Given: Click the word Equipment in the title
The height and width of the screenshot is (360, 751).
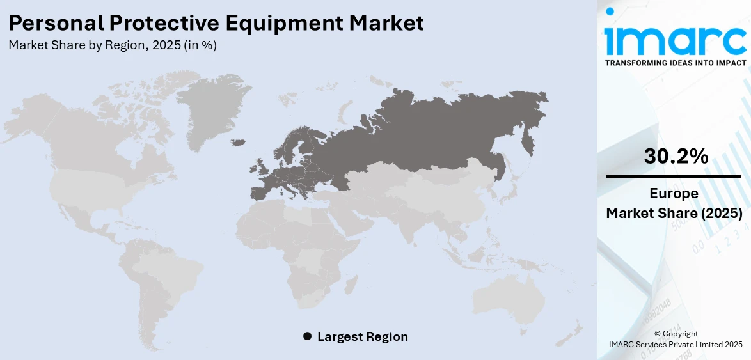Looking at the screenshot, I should [x=294, y=24].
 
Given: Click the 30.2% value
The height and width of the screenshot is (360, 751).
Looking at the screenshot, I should [x=676, y=156].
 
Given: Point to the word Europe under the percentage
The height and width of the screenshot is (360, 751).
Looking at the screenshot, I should [x=674, y=194].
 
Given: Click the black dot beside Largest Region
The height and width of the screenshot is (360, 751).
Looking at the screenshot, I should [x=307, y=336].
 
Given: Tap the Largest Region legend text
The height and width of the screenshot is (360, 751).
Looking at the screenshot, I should [x=362, y=336].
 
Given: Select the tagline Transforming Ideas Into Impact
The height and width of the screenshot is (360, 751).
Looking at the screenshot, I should [x=675, y=63].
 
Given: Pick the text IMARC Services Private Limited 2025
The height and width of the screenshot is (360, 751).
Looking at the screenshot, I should [x=675, y=345].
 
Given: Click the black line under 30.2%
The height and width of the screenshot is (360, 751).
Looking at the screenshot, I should [x=674, y=176].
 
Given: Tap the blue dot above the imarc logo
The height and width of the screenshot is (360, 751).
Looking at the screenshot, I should [x=610, y=11].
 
